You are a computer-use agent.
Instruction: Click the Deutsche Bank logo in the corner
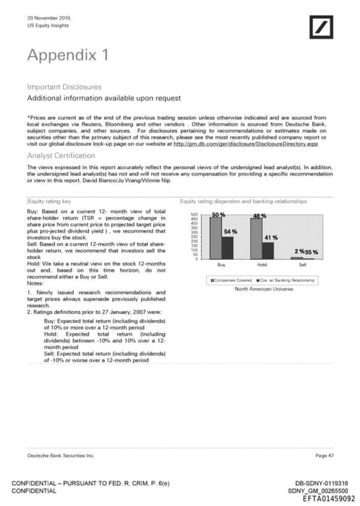click(x=326, y=27)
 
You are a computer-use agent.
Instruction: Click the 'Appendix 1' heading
click(x=67, y=54)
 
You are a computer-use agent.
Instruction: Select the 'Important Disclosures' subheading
click(x=63, y=87)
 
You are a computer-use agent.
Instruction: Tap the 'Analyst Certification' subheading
click(x=62, y=155)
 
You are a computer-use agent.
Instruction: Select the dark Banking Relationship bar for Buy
click(x=226, y=248)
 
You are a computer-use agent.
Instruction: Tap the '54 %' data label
click(x=230, y=232)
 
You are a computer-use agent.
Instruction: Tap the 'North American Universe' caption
click(x=263, y=289)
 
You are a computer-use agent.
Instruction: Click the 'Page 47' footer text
click(x=325, y=456)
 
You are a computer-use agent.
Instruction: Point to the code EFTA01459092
click(x=328, y=498)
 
